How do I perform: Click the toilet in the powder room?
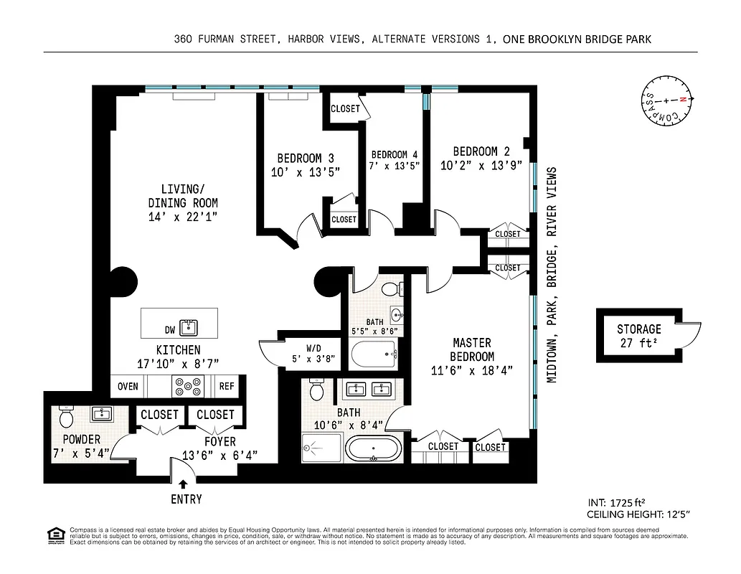coord(66,417)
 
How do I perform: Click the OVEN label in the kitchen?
coord(128,387)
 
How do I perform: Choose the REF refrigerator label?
coord(227,387)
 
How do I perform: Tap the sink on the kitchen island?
coord(189,329)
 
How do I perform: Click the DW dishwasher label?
coord(170,330)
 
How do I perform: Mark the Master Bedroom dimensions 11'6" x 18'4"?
coord(472,370)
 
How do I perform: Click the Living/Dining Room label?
coord(182,202)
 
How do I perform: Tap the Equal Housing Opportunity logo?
coord(54,535)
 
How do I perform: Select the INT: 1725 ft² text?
coord(620,502)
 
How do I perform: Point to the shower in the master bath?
coord(321,449)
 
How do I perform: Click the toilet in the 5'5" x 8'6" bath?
coord(391,289)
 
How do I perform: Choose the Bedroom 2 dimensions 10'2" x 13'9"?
coord(481,165)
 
